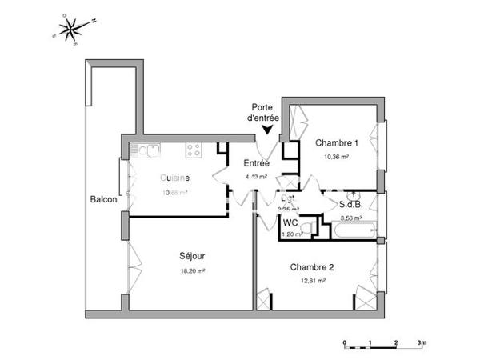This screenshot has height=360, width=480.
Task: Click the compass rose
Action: [74, 30]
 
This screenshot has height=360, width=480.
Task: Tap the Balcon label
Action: [104, 199]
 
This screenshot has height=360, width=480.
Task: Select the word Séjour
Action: [192, 256]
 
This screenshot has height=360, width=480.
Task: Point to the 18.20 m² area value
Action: [192, 271]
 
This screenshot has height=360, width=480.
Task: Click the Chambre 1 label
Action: [336, 142]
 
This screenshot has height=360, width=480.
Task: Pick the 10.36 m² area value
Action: [336, 157]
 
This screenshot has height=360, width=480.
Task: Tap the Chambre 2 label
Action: [312, 267]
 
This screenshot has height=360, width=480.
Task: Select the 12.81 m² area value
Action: [312, 282]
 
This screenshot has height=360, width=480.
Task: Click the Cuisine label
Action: [174, 178]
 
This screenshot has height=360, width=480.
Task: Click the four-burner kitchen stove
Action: [193, 149]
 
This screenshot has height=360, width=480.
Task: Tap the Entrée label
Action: [257, 163]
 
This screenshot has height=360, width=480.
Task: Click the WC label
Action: [290, 222]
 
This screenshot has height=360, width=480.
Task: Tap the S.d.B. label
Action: [351, 204]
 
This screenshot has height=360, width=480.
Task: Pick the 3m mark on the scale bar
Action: [422, 342]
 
